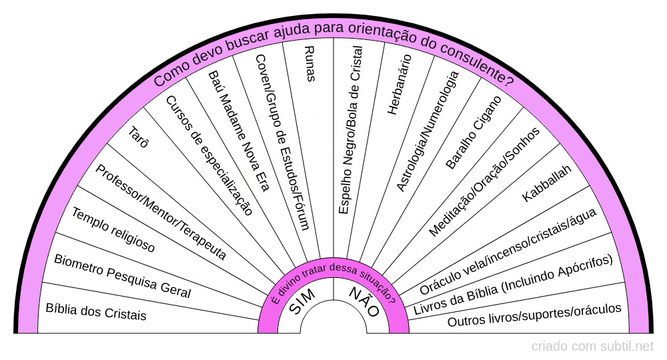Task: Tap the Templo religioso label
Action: tap(113, 231)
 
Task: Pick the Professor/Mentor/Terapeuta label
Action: tap(161, 212)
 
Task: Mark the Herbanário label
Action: tap(400, 84)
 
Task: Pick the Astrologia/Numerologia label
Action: tap(428, 131)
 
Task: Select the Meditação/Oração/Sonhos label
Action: tap(484, 181)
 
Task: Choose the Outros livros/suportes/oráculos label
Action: tap(534, 315)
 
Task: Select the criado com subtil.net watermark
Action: tap(592, 346)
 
